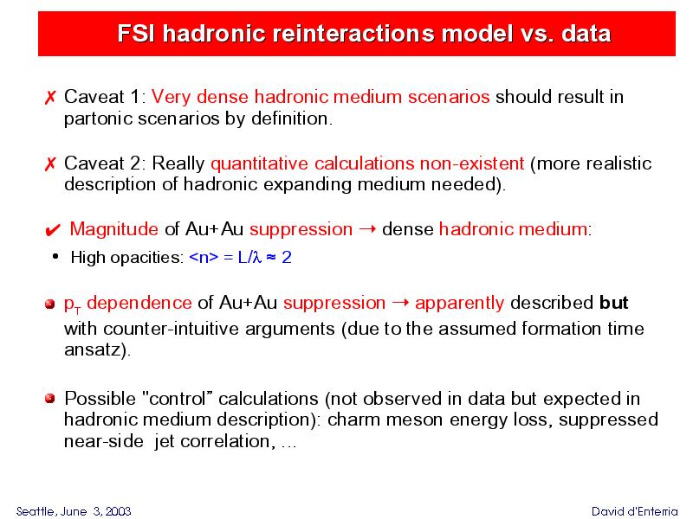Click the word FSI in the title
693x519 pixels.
pyautogui.click(x=137, y=34)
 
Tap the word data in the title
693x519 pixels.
pyautogui.click(x=586, y=34)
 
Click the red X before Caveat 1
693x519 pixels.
pyautogui.click(x=50, y=98)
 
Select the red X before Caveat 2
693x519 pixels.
pyautogui.click(x=50, y=164)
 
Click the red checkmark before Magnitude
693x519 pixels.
pyautogui.click(x=53, y=230)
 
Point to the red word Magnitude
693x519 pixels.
pyautogui.click(x=114, y=229)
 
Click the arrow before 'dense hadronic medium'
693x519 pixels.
pyautogui.click(x=367, y=229)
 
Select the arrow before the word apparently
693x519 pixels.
pyautogui.click(x=400, y=303)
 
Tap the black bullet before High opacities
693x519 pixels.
pyautogui.click(x=55, y=256)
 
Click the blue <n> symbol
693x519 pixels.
pyautogui.click(x=204, y=257)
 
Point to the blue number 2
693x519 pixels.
pyautogui.click(x=287, y=257)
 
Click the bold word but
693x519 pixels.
pyautogui.click(x=614, y=303)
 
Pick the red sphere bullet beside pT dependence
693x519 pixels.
pyautogui.click(x=50, y=304)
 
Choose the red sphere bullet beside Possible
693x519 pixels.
pyautogui.click(x=50, y=399)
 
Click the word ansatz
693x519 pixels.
pyautogui.click(x=95, y=350)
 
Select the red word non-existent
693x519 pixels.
pyautogui.click(x=472, y=163)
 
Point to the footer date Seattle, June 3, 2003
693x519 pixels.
pyautogui.click(x=74, y=511)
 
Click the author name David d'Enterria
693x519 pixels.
pyautogui.click(x=635, y=511)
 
